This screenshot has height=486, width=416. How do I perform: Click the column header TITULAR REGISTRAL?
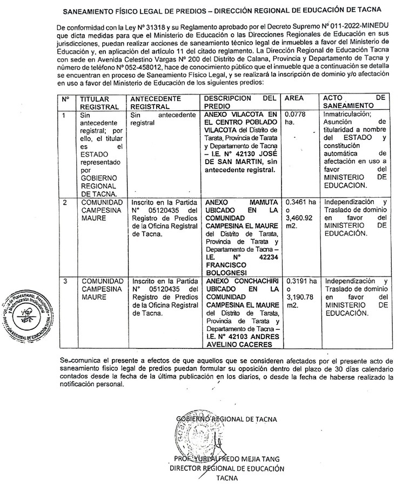[95, 103]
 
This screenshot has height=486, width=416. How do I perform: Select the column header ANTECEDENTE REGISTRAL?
[152, 103]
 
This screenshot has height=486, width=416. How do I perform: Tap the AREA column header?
[294, 99]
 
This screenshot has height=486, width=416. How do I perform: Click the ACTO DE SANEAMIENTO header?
[354, 103]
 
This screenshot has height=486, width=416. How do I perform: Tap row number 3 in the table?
[65, 281]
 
